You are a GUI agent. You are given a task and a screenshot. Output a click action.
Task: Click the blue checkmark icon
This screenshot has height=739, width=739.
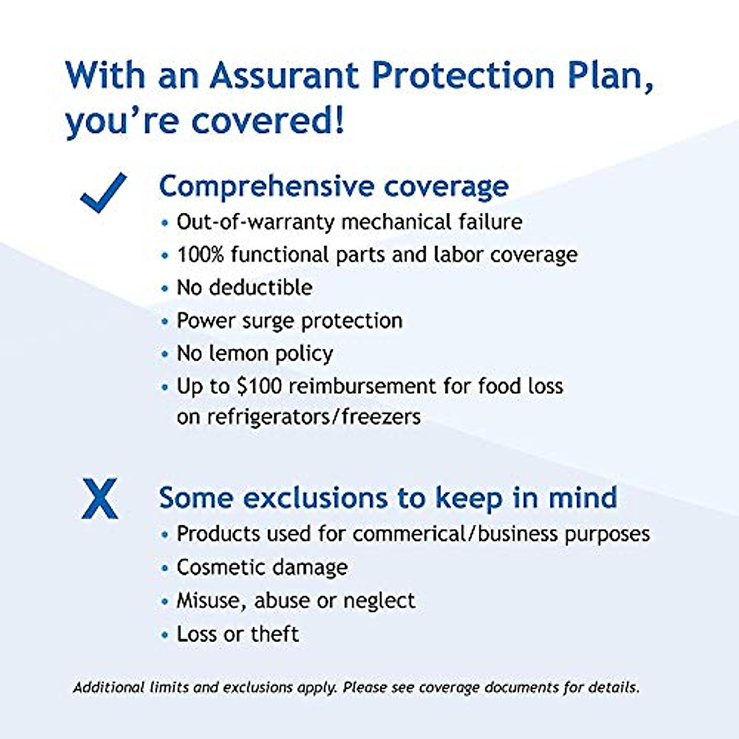(x=103, y=193)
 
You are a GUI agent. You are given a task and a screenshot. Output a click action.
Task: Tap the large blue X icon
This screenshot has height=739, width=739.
(x=100, y=499)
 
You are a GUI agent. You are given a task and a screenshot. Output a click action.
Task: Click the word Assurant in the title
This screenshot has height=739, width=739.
(x=285, y=76)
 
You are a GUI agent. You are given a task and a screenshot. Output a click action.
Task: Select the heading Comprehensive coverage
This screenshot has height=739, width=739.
(x=334, y=187)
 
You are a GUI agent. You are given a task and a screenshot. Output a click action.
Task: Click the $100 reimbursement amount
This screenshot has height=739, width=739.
(x=259, y=386)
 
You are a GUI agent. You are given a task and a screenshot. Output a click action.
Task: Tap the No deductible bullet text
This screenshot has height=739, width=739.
(x=244, y=288)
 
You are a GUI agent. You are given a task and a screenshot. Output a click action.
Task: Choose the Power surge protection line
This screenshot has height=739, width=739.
(x=289, y=321)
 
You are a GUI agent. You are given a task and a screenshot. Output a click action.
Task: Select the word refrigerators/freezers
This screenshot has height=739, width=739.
(x=313, y=417)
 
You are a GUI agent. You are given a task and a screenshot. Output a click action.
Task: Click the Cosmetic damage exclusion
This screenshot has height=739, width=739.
(x=262, y=567)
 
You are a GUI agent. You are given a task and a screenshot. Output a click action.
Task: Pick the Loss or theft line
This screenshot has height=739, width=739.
(x=238, y=634)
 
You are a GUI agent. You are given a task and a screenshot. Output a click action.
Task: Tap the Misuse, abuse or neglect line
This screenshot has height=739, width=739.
(x=296, y=600)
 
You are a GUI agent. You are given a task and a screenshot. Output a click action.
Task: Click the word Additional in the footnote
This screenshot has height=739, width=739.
(x=108, y=687)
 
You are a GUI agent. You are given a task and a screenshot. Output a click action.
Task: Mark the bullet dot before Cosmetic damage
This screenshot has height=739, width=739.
(x=164, y=568)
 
